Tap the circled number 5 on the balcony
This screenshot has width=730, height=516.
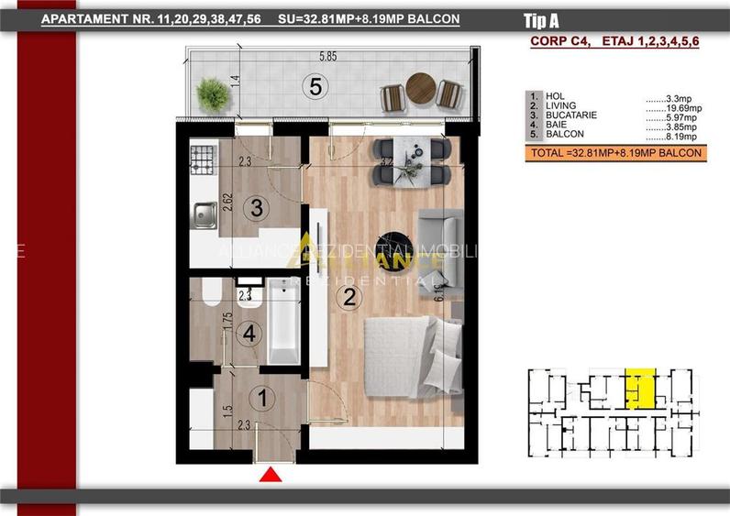pyautogui.click(x=315, y=88)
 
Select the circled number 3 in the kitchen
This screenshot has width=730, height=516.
pyautogui.click(x=258, y=208)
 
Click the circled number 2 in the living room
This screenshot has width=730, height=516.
pyautogui.click(x=348, y=296)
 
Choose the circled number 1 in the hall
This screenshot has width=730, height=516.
pyautogui.click(x=263, y=399)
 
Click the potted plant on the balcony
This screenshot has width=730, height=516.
pyautogui.click(x=212, y=93)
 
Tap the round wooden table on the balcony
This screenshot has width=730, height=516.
pyautogui.click(x=422, y=87)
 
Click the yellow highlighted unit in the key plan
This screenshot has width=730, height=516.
pyautogui.click(x=639, y=389)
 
